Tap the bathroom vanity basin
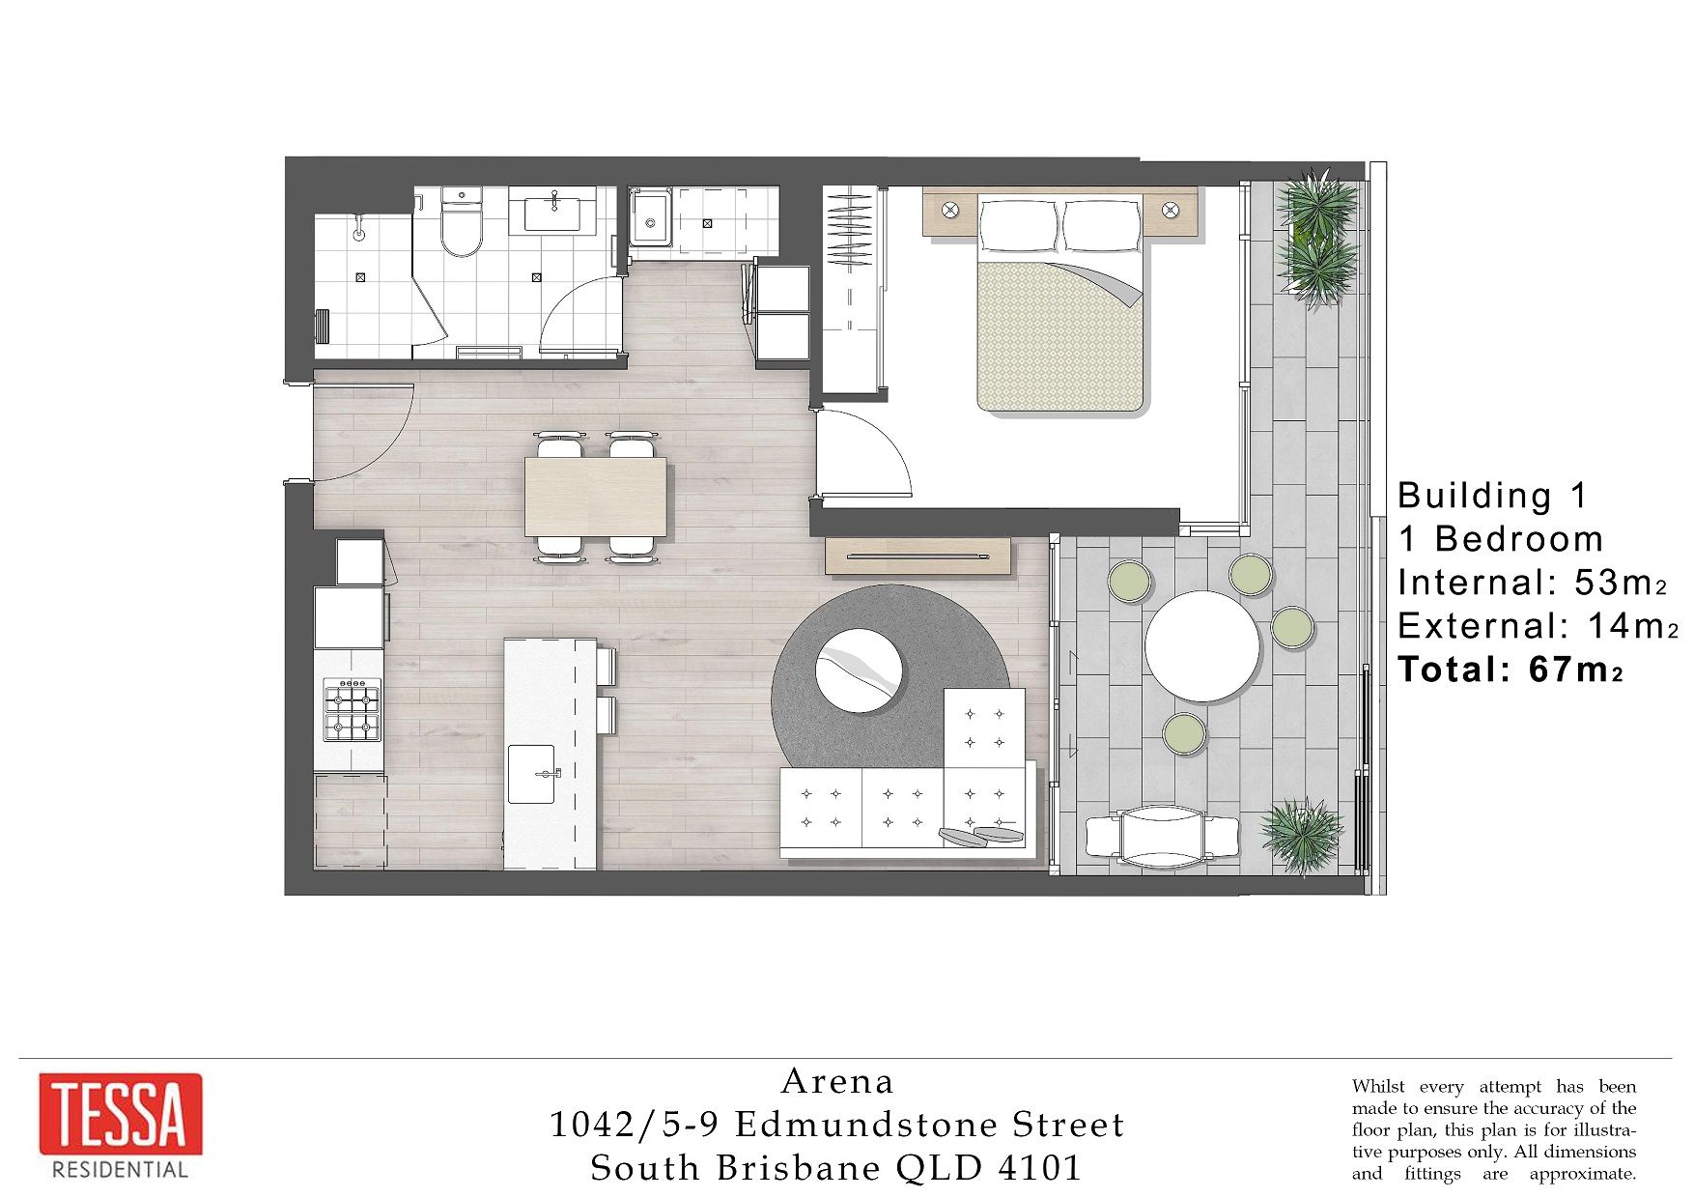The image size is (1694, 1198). tap(552, 213)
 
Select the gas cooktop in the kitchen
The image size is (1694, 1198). tap(352, 709)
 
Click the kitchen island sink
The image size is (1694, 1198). tap(531, 774)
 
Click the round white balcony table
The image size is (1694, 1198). tap(1202, 646)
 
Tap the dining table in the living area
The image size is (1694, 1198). tap(597, 497)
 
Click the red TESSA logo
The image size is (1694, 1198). tap(121, 1114)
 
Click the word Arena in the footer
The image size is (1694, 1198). tap(837, 1081)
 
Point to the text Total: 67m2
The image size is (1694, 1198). tap(1510, 670)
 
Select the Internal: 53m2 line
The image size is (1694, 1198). tap(1532, 583)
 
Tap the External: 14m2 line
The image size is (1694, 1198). tap(1538, 626)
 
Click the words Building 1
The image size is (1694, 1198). tap(1492, 496)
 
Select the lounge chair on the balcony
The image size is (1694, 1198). tap(1162, 837)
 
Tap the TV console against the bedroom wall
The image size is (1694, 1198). tap(918, 556)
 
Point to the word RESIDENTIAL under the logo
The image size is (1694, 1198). tap(121, 1170)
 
